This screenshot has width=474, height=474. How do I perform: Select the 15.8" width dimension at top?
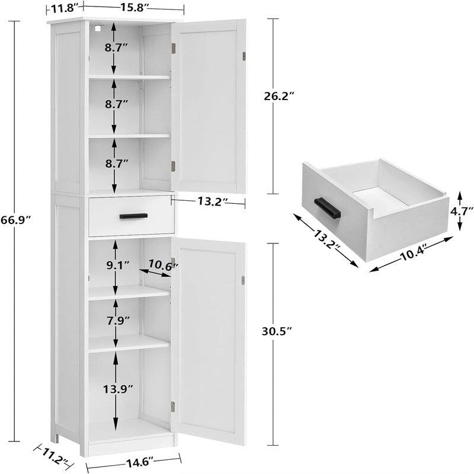[134, 8]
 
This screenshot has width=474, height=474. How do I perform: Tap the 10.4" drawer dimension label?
[412, 251]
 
